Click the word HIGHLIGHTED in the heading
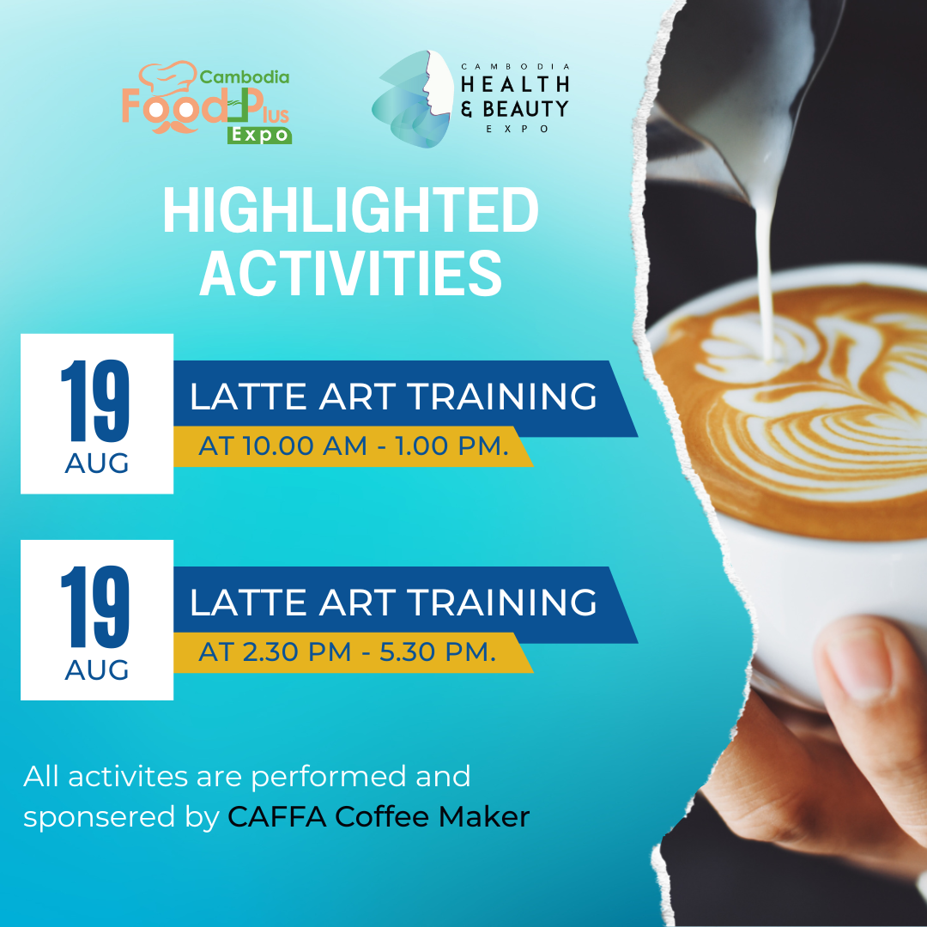coord(350,210)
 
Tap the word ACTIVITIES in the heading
coord(350,273)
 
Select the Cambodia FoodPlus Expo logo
coord(206,102)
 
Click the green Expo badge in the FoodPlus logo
coord(259,135)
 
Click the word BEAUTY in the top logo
coord(525,109)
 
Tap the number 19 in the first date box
coord(95,401)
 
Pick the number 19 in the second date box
coord(95,607)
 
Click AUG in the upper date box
coord(97,463)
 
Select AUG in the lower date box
coord(97,669)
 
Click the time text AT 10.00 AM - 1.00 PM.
coord(354,445)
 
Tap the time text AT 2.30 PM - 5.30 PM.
coord(347,652)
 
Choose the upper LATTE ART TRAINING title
coord(393,397)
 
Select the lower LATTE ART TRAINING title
coord(393,603)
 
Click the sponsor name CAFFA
coord(277,817)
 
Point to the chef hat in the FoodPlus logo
coord(168,77)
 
